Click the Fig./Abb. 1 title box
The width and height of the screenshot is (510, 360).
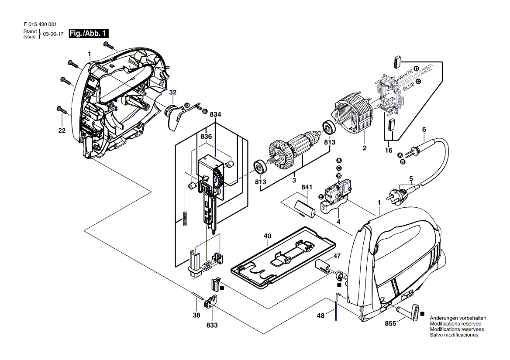[x=89, y=34]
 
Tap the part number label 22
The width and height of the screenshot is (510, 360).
[x=62, y=130]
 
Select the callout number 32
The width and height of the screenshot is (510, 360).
[x=173, y=92]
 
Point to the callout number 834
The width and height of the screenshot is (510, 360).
[x=215, y=114]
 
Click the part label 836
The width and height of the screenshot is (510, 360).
[x=206, y=137]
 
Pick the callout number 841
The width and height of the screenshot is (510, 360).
[x=307, y=187]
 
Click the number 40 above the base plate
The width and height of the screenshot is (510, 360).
[x=267, y=236]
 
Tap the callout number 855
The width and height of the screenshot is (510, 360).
[x=391, y=324]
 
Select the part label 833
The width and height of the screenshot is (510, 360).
[x=212, y=325]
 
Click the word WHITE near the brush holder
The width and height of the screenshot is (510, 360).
[x=406, y=75]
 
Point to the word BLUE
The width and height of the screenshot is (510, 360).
[x=409, y=86]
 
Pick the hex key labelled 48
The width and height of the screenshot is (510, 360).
[x=337, y=306]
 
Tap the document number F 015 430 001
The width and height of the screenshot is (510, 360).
[x=40, y=24]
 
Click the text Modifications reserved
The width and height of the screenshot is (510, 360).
[x=456, y=324]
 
